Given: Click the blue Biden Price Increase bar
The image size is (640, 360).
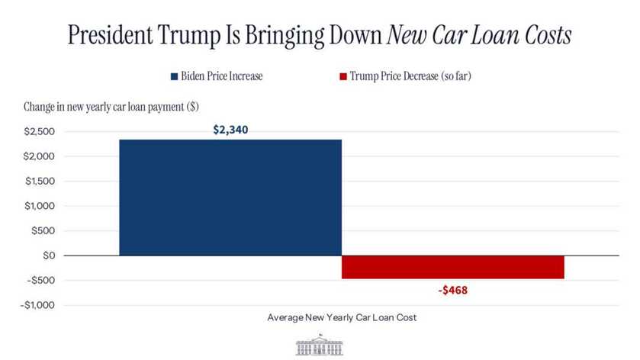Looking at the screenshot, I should pos(230,197).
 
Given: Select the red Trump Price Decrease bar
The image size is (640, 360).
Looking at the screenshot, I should pos(452,267).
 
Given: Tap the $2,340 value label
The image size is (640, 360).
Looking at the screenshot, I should pos(230,130).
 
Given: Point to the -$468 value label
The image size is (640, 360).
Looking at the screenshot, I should pos(452,290).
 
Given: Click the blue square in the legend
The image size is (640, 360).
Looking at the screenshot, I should pos(174,77).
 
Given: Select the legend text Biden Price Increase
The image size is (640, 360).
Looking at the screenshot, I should pos(221,77).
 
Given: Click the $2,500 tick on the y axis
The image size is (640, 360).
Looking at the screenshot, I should pos(38,132).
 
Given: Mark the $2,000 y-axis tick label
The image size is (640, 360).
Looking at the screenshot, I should pos(38,156).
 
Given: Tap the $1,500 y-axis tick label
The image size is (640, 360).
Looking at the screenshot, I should pos(38,182).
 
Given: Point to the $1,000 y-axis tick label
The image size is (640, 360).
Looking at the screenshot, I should pos(38,206).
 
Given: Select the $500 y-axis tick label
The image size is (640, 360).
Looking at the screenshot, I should pos(42,230).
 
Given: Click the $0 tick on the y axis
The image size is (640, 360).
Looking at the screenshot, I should pos(47,256).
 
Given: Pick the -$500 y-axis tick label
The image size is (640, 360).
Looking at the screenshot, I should pos(40,280).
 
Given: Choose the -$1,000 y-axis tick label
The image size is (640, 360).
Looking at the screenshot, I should pos(37,305).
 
